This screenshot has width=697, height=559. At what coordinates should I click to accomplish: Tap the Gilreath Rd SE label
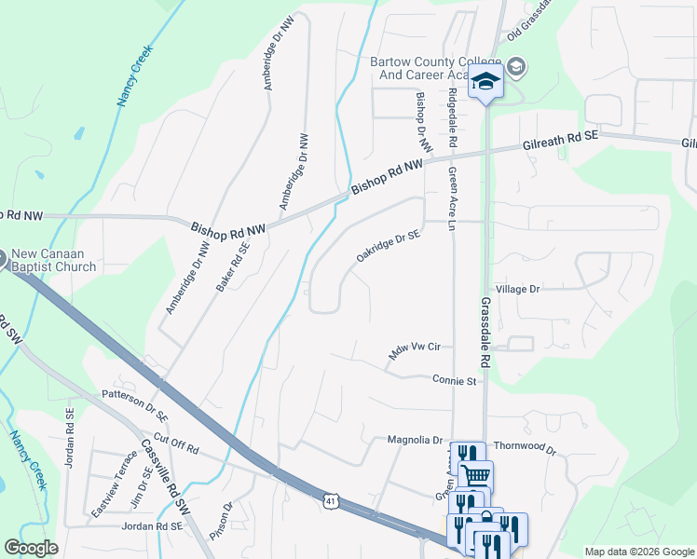coord(560,141)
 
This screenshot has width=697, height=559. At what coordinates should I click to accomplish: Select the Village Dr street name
coord(518,290)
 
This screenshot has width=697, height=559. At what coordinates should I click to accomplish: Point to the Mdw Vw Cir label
coord(414,351)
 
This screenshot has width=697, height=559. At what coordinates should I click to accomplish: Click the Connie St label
coord(454,380)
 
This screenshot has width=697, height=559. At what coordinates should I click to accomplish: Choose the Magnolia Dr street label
coord(414,440)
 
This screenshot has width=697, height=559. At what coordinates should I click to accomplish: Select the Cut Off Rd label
coord(176,443)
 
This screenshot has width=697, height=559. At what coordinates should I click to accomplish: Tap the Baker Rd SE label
coord(234,268)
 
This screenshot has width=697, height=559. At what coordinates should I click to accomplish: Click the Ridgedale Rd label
coord(452,119)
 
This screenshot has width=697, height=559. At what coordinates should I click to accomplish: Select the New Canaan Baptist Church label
coord(53,261)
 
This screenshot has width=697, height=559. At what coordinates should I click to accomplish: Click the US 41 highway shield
coord(330,500)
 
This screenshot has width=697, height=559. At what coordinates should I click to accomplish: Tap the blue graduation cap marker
coord(486,81)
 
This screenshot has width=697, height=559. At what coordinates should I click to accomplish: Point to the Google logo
coord(31,549)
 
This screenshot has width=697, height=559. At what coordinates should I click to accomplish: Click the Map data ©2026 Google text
coord(638,552)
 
